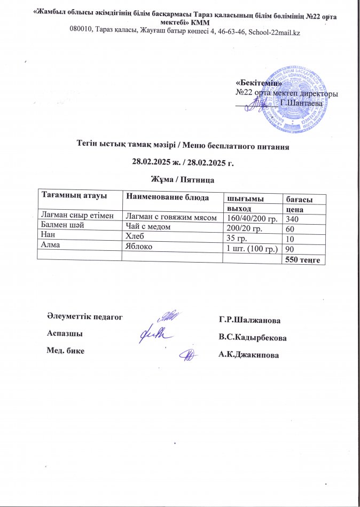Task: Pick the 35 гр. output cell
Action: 238,237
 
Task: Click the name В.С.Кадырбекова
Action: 252,338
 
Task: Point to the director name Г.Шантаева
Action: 302,102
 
